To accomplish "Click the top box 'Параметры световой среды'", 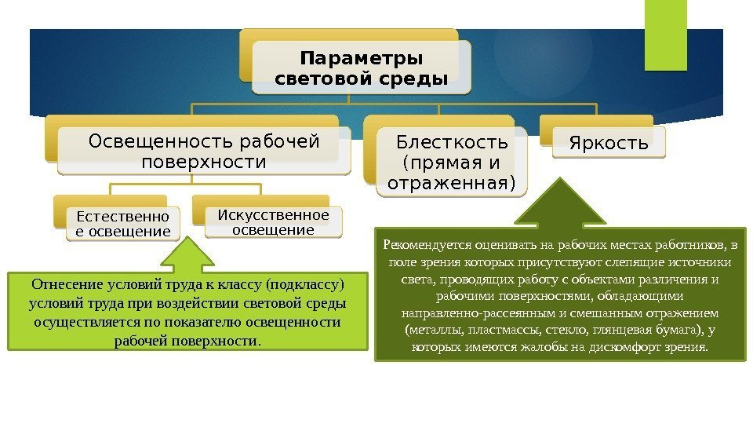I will [x=362, y=69].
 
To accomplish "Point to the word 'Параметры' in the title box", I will [x=362, y=59].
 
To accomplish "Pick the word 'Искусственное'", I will [x=273, y=215].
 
